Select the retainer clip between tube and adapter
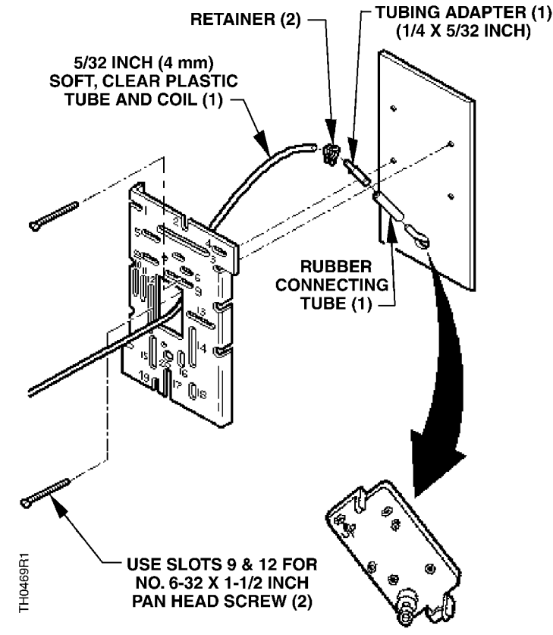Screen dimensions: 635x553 (x=328, y=154)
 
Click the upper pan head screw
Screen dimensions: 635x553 (x=52, y=215)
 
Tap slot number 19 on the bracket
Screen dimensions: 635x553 (x=145, y=377)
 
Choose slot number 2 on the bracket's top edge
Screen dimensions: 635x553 (x=175, y=222)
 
